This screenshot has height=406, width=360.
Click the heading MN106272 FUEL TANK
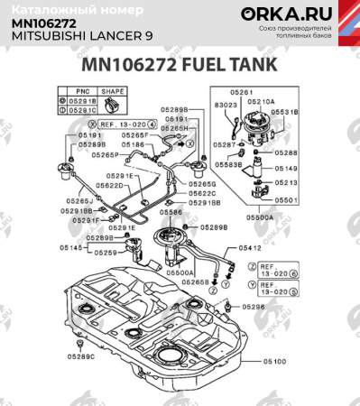180,67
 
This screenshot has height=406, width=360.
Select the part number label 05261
241,92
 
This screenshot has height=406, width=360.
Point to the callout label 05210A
262,102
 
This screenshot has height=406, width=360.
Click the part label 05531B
288,111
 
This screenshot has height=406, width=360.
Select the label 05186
134,144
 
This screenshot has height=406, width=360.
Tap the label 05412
250,247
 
